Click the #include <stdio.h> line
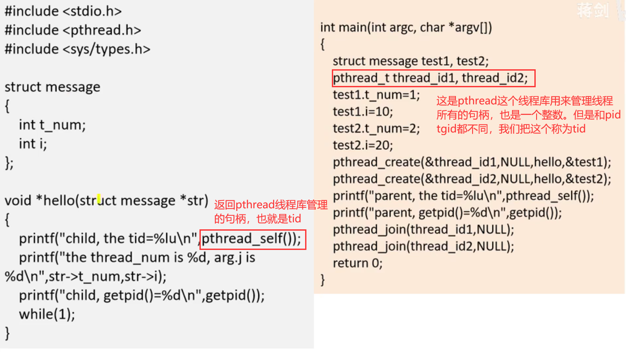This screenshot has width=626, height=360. [63, 11]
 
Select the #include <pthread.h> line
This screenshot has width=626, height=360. [73, 30]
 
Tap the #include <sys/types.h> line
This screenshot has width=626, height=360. [77, 49]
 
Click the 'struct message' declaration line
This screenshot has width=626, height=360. [52, 87]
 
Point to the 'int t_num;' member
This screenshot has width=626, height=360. [52, 125]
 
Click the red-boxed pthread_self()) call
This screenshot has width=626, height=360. [252, 239]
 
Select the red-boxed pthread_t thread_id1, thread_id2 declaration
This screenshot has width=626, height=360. [434, 78]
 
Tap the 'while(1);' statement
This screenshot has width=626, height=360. [47, 314]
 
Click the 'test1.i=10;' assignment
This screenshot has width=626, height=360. [363, 111]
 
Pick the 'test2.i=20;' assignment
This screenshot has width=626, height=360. [363, 145]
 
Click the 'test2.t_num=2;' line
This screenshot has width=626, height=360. [376, 128]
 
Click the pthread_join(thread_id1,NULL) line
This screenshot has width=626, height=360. [423, 229]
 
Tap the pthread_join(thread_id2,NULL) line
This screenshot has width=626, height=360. [423, 246]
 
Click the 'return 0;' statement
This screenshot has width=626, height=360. [358, 263]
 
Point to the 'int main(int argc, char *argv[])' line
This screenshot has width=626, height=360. [406, 28]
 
